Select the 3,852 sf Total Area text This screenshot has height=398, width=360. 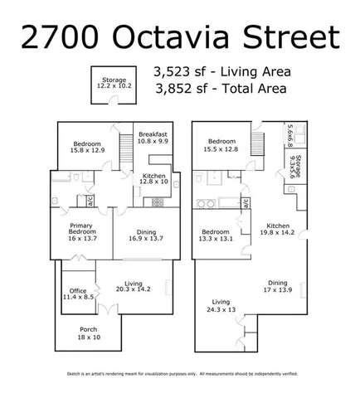(x=221, y=88)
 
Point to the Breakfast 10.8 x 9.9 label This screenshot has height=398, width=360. (x=153, y=138)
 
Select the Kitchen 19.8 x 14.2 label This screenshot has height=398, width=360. (x=280, y=229)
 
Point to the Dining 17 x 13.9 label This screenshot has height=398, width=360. (x=280, y=286)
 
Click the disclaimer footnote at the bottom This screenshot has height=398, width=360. (x=180, y=376)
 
